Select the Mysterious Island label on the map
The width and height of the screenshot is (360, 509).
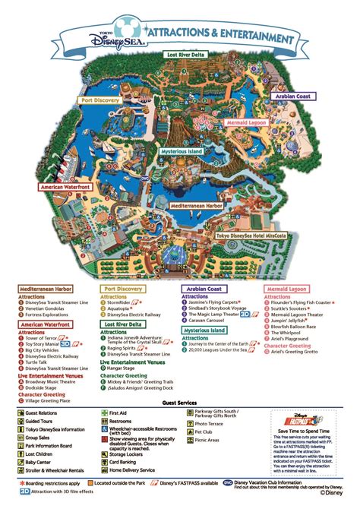(185, 152)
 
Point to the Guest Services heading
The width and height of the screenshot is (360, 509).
(181, 403)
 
